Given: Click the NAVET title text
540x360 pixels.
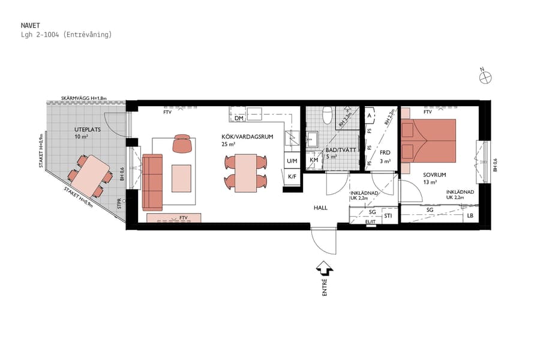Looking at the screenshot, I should click(x=30, y=25).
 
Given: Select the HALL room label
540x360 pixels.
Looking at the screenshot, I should click(x=320, y=207).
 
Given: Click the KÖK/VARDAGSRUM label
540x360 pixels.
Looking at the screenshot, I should click(x=247, y=137).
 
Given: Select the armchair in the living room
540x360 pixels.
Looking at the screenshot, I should click(x=184, y=144).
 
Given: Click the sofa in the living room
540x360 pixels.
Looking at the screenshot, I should click(x=152, y=182).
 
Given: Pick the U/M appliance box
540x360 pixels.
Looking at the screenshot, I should click(x=292, y=161).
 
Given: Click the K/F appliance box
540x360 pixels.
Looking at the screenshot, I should click(x=292, y=176).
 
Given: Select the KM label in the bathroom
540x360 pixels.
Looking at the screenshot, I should click(x=314, y=161).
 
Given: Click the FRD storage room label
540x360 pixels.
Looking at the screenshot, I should click(x=385, y=153).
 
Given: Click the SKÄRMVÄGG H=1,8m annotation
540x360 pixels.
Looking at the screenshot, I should click(x=83, y=98).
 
